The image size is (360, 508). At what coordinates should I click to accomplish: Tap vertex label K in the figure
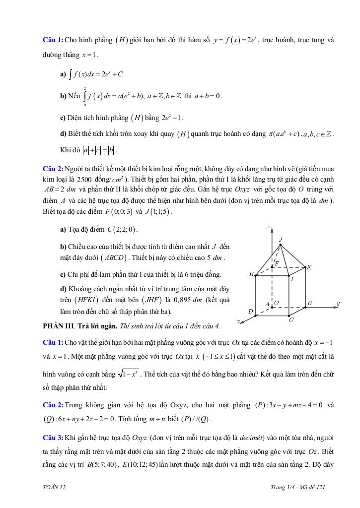[x=309, y=267]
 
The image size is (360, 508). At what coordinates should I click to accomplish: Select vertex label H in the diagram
[x=251, y=274]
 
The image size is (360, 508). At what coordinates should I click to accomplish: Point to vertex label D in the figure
[x=250, y=312]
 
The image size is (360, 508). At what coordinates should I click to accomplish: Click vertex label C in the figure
[x=291, y=320]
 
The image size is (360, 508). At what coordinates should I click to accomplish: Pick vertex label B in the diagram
[x=309, y=303]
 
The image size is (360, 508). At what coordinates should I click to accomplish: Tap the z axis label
[x=268, y=227]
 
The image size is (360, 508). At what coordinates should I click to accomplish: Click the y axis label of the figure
[x=338, y=303]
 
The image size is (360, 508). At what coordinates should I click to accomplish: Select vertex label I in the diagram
[x=292, y=279]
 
